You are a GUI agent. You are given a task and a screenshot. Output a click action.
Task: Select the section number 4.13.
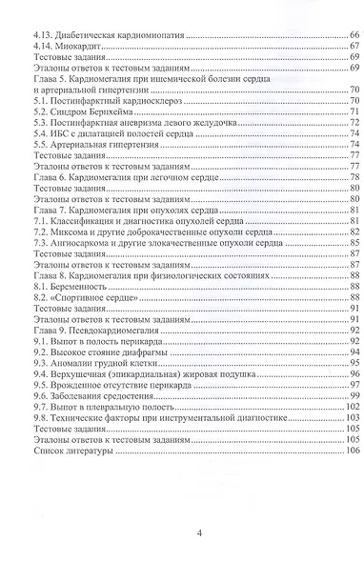point(41,33)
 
